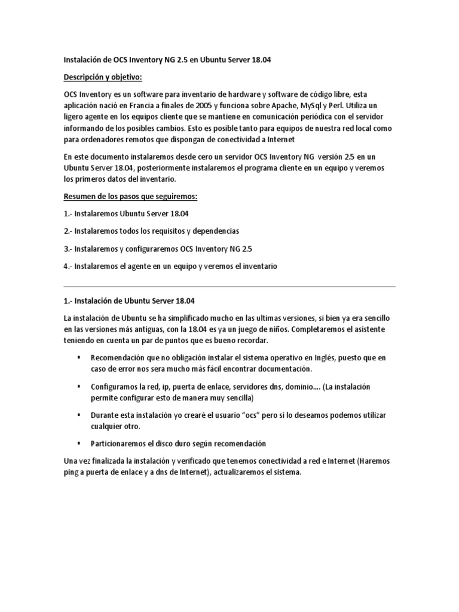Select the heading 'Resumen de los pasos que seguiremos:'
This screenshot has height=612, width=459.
(x=130, y=197)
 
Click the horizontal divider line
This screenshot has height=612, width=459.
(x=229, y=286)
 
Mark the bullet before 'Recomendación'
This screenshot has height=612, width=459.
(x=79, y=357)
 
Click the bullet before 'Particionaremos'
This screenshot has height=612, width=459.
(x=79, y=443)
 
